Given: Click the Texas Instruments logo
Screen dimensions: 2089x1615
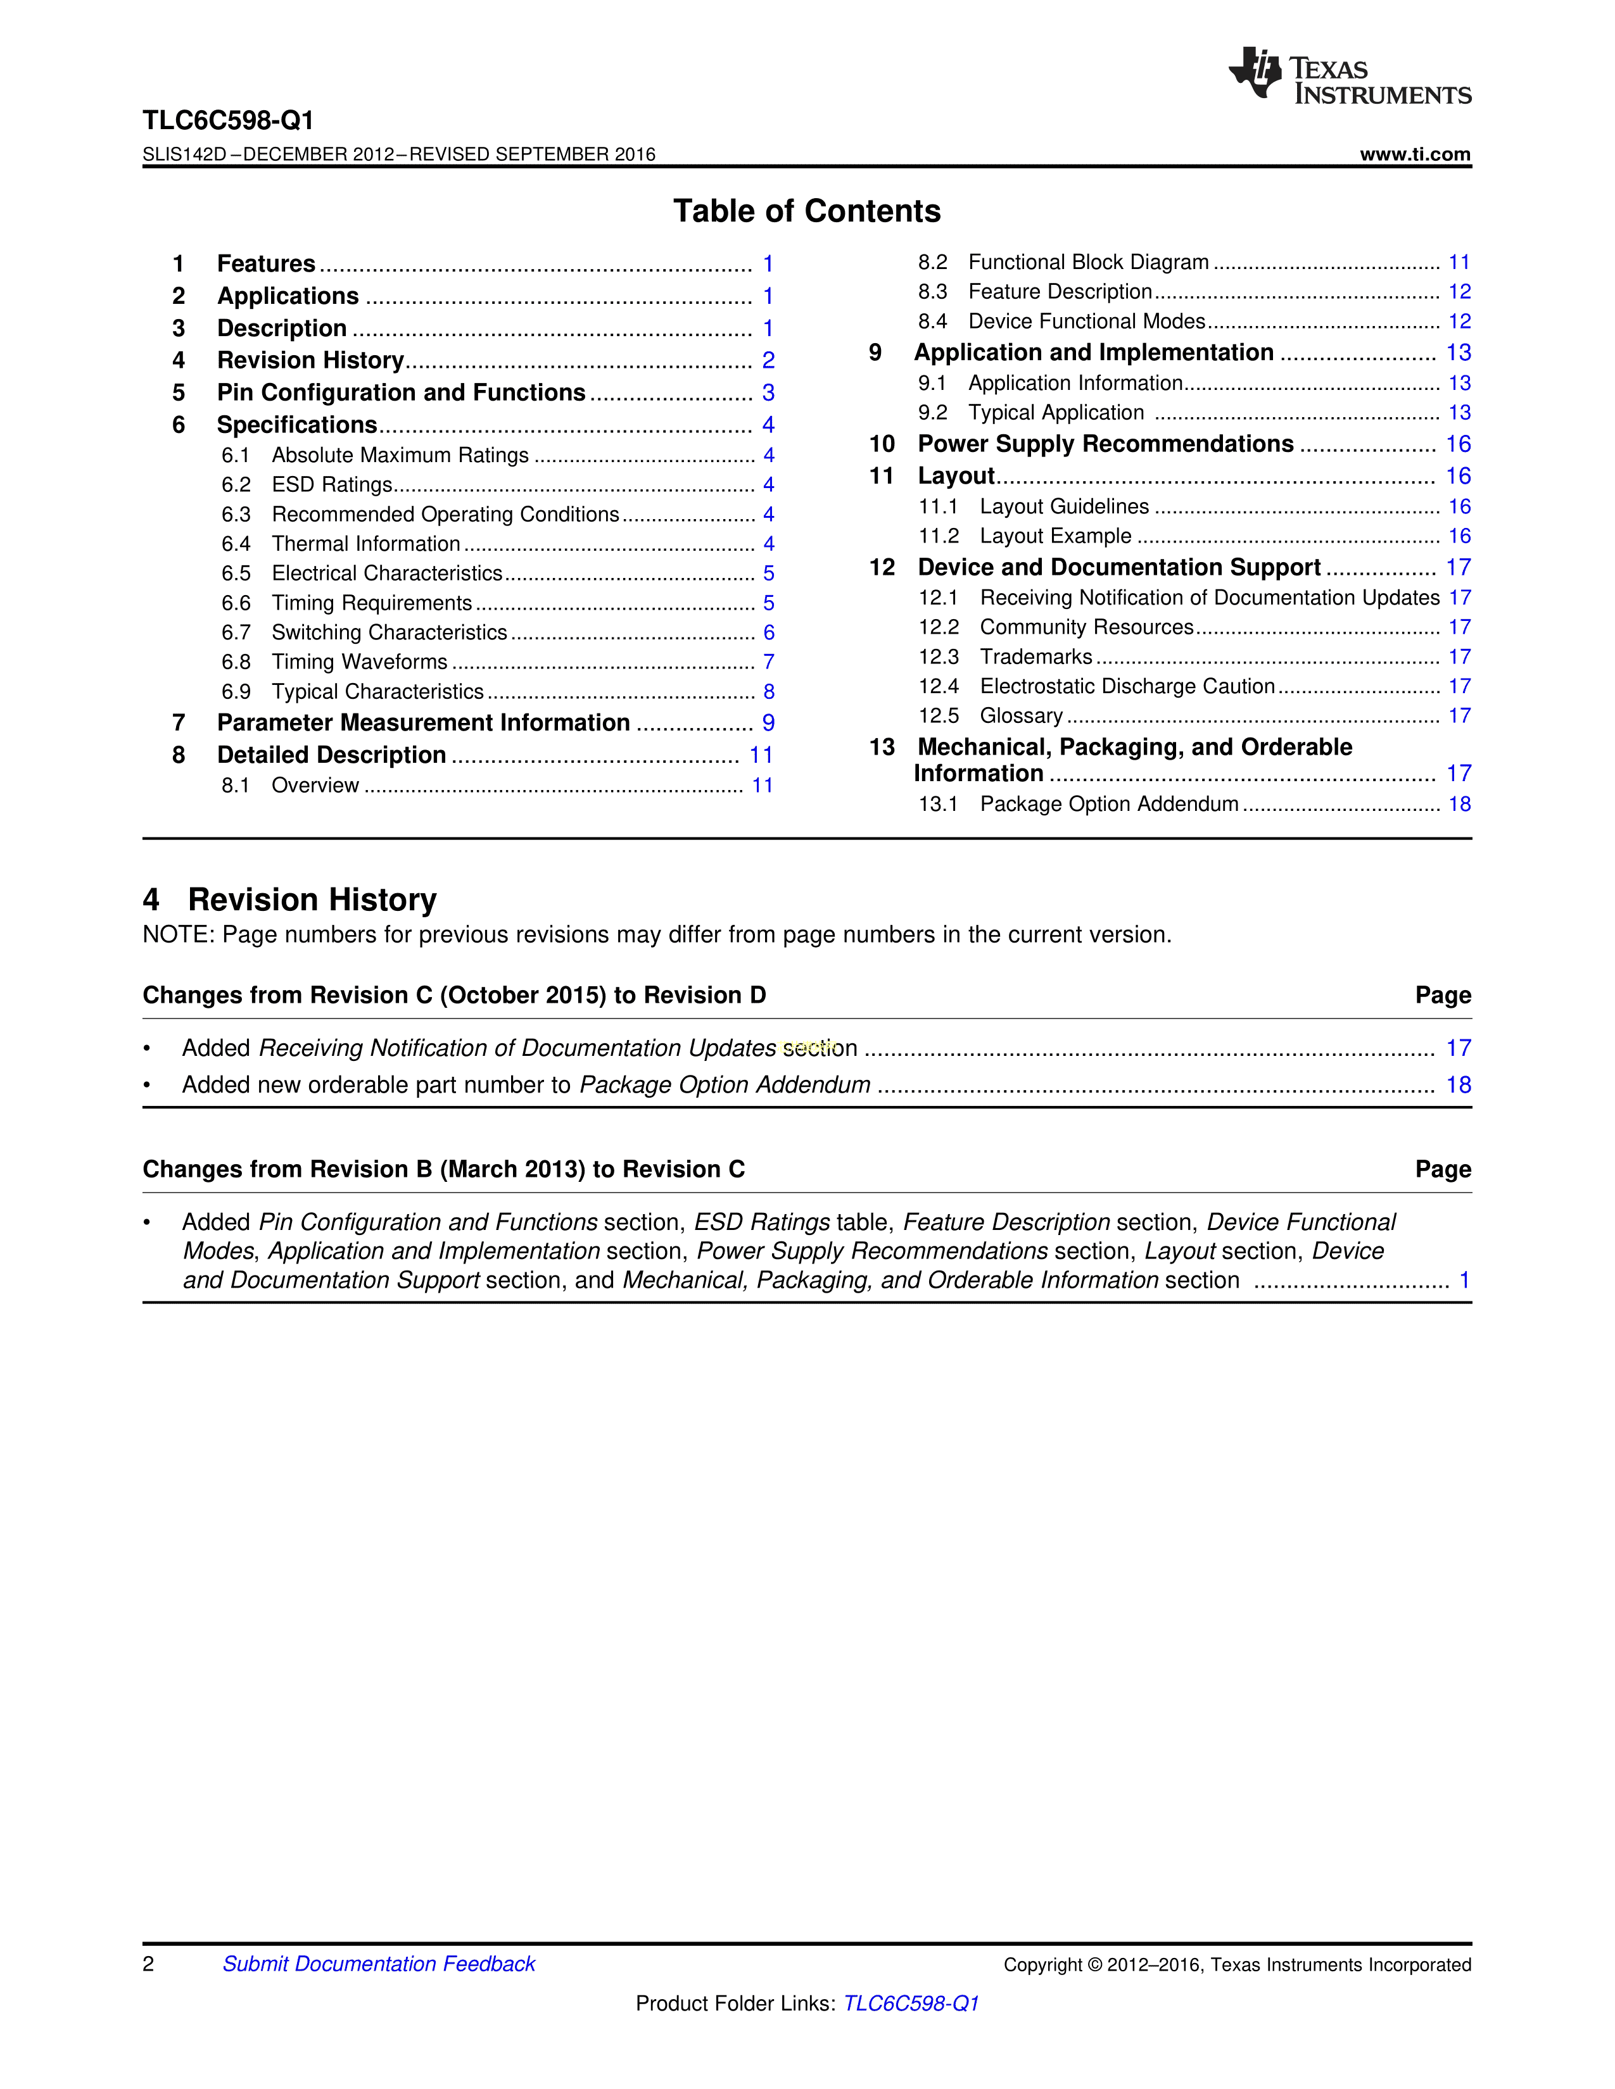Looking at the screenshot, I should click(x=1349, y=75).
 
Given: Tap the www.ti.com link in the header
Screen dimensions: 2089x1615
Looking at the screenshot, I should click(x=1414, y=154).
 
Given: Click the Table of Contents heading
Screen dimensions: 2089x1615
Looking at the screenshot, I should click(x=806, y=211).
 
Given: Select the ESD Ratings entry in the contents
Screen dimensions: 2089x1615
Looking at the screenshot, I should click(x=332, y=485).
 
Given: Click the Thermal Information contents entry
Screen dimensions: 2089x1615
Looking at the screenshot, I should click(x=365, y=544).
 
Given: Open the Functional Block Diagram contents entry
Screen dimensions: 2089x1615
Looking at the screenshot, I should click(x=1088, y=262).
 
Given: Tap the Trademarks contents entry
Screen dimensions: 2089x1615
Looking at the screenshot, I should click(x=1035, y=657).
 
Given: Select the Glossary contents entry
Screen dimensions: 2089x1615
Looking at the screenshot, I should click(x=1021, y=715).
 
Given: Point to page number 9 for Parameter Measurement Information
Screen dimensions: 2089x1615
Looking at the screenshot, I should click(x=768, y=723).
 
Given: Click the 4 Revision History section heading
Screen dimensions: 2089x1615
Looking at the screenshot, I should click(x=290, y=900).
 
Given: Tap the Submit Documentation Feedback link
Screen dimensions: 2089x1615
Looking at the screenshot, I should click(x=379, y=1964).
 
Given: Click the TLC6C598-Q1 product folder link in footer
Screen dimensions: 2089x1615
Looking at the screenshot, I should click(x=911, y=2003).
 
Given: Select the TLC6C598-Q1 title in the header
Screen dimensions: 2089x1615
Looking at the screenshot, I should click(x=228, y=120).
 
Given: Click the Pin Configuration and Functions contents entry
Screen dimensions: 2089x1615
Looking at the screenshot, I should click(x=401, y=393).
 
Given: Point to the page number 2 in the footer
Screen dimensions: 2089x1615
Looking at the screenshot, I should click(x=148, y=1964).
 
